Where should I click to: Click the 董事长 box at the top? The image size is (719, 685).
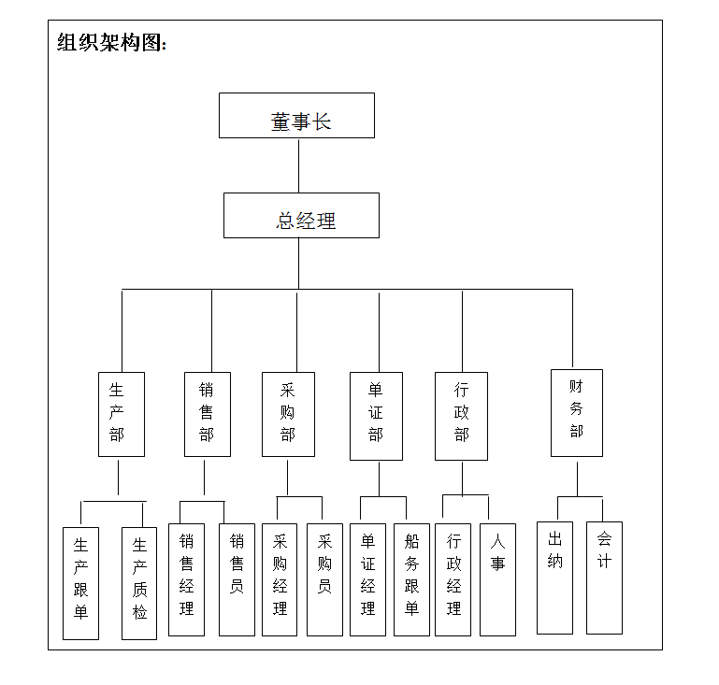tap(296, 116)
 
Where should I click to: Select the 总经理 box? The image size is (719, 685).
tap(301, 215)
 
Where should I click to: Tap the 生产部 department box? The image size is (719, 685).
tap(122, 414)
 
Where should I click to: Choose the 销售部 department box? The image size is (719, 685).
tap(208, 414)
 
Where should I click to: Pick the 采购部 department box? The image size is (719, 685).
tap(288, 414)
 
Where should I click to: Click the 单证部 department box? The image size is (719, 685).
tap(376, 416)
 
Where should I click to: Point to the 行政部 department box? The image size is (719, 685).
tap(461, 416)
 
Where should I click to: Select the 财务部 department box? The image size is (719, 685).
tap(577, 413)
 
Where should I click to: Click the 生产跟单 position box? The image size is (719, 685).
tap(80, 583)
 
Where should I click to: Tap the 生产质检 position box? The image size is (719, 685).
tap(139, 583)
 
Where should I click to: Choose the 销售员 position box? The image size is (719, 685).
tap(237, 579)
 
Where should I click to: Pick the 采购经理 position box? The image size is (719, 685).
tap(280, 579)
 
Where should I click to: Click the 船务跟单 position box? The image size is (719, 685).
tap(411, 579)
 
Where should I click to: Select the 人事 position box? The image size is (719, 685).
tap(498, 579)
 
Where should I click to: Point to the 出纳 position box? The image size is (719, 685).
tap(554, 578)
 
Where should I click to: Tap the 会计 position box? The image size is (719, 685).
tap(604, 578)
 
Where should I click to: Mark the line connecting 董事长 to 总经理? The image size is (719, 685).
tap(298, 165)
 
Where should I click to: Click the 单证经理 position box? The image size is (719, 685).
tap(367, 579)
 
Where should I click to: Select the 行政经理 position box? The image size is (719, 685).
tap(453, 579)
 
